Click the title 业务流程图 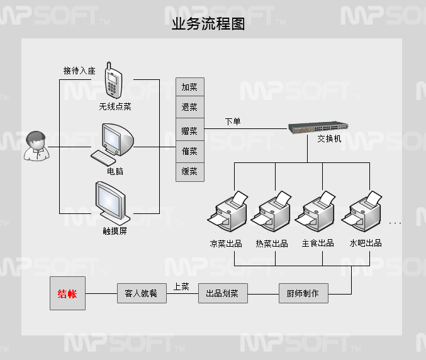(208, 25)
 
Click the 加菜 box (189, 87)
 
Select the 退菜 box (189, 108)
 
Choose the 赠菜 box (189, 131)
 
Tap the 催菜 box (189, 151)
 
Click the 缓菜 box (189, 171)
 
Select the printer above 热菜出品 (272, 213)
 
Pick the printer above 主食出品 (317, 213)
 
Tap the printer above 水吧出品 (363, 213)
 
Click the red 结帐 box (67, 293)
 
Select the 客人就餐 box (142, 293)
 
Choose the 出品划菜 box (223, 293)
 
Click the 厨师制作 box (303, 293)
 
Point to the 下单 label (233, 121)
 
